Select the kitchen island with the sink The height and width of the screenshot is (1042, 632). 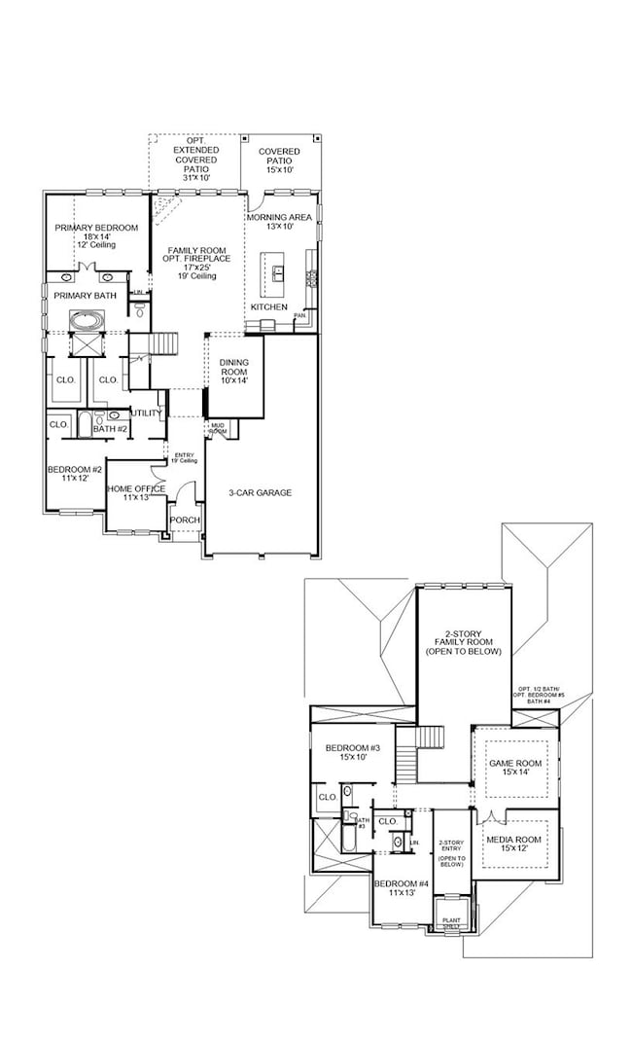[277, 272]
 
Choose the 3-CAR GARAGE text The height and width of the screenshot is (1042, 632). [260, 492]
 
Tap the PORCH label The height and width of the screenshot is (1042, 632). [185, 521]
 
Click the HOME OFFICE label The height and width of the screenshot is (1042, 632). [136, 488]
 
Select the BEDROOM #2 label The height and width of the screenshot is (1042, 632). [73, 471]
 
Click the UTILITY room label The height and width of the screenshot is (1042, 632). [147, 413]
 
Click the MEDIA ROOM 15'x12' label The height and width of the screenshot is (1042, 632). [513, 843]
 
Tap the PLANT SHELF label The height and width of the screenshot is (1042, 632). [452, 922]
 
